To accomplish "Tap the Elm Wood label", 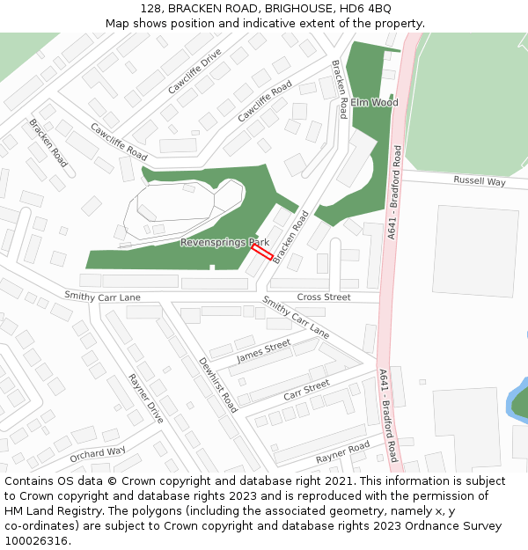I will click(x=374, y=103).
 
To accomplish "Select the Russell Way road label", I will click(x=480, y=181).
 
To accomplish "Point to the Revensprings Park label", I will click(x=224, y=242).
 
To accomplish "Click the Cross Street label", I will click(x=324, y=297).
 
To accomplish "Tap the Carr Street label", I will click(x=306, y=390).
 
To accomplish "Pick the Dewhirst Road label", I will click(x=217, y=385).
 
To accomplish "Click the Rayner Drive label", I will click(x=146, y=399).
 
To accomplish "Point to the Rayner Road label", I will click(x=343, y=452).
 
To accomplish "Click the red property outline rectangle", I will click(x=261, y=252).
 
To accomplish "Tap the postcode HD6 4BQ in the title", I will click(x=368, y=8).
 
